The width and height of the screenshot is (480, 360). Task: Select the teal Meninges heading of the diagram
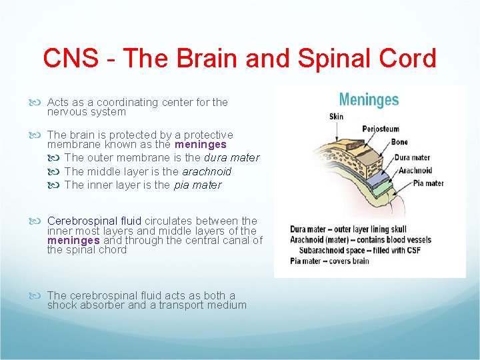coord(369,100)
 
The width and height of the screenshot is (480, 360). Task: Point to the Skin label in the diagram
coord(337,117)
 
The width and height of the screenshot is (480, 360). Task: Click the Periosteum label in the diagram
coord(381,129)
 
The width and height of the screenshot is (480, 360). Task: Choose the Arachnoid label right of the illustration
coord(415,171)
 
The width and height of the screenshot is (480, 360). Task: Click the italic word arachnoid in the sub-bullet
coord(207,171)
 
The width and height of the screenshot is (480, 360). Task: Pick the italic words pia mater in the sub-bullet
coord(197,185)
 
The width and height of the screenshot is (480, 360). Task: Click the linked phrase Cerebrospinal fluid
coord(95,221)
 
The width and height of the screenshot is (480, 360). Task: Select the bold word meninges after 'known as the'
coord(201,145)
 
